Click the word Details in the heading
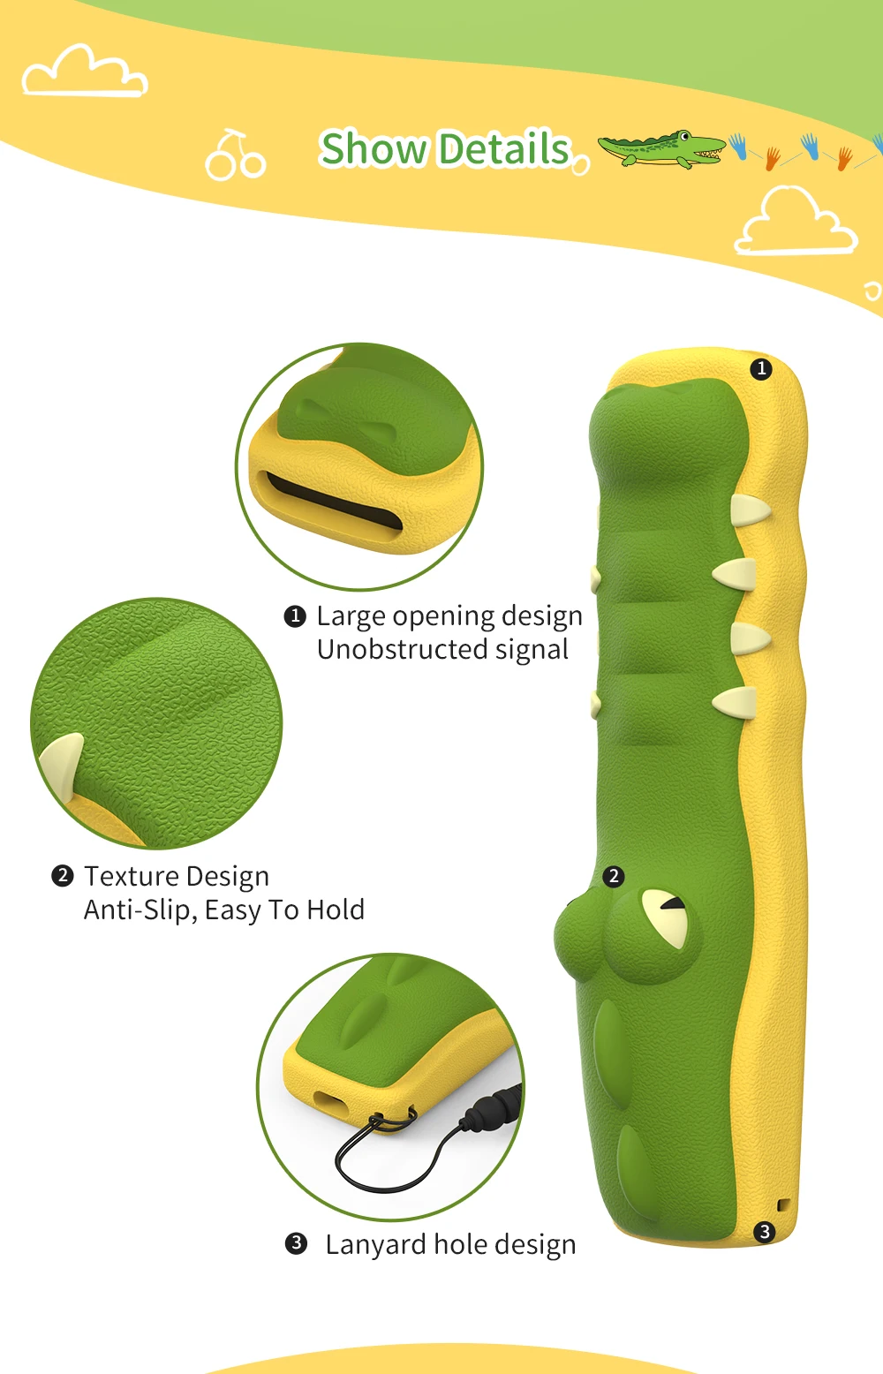point(504,148)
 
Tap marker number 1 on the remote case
point(761,368)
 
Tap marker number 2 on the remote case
point(614,876)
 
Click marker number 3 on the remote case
point(765,1231)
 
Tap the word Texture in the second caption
point(131,876)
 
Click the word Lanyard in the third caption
point(375,1244)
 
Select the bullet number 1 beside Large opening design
point(295,616)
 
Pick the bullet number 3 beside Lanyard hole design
point(297,1243)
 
